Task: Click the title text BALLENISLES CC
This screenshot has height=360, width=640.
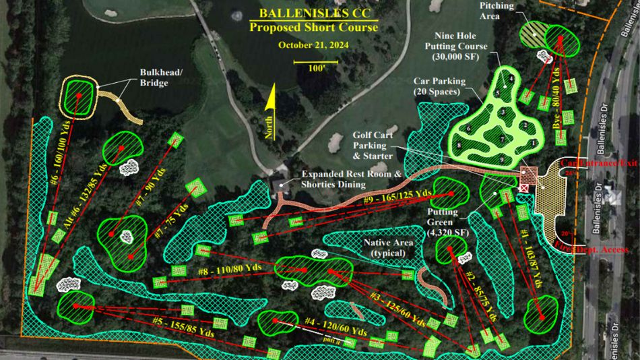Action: click(x=313, y=13)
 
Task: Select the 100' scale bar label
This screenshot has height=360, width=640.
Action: click(x=315, y=69)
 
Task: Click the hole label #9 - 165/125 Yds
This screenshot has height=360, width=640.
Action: click(x=399, y=197)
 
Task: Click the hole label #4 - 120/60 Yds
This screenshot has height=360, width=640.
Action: click(x=335, y=326)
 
